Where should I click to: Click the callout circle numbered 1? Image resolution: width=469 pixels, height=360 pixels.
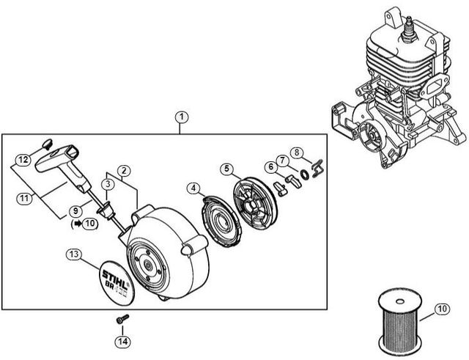181,117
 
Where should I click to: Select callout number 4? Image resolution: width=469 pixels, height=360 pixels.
193,188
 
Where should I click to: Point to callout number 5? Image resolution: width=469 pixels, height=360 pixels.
227,169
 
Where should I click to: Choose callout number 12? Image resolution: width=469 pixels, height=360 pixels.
23,158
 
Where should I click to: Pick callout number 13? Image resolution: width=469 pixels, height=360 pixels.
73,255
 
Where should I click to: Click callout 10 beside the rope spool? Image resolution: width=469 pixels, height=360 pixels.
442,309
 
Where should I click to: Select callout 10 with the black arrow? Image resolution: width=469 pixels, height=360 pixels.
89,224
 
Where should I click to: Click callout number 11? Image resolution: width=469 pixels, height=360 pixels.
24,197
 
